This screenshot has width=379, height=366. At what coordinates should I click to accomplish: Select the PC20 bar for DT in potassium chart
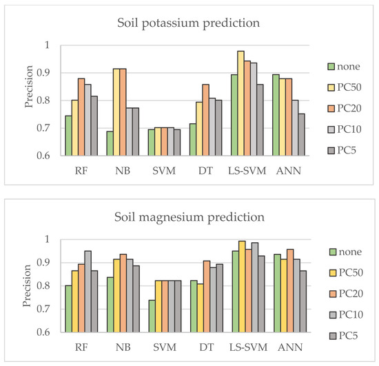(205, 120)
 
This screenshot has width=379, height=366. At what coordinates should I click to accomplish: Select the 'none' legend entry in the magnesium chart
(351, 252)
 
